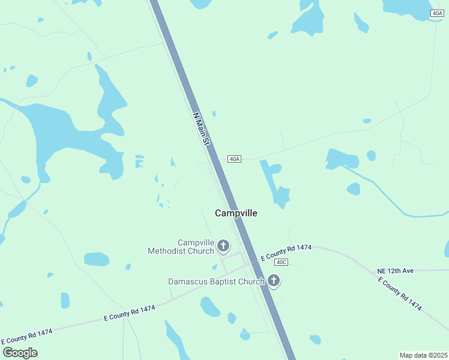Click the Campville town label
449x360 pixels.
[x=236, y=213]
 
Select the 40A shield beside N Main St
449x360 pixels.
[x=234, y=159]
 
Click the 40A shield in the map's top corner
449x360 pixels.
[x=437, y=13]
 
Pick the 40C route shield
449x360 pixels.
[x=282, y=262]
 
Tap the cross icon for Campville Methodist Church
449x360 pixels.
[x=223, y=245]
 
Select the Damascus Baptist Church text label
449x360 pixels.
[x=216, y=281]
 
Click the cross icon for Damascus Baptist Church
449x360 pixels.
[x=274, y=280]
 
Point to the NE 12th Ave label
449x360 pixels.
[x=396, y=271]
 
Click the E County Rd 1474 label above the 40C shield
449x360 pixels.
[x=286, y=252]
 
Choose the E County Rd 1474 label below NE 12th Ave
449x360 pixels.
[x=400, y=294]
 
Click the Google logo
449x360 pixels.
[x=20, y=353]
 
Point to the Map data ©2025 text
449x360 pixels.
[x=423, y=355]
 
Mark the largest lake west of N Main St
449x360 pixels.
[x=60, y=132]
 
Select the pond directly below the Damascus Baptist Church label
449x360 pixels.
[x=210, y=306]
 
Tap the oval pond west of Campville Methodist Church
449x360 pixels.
[x=96, y=259]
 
